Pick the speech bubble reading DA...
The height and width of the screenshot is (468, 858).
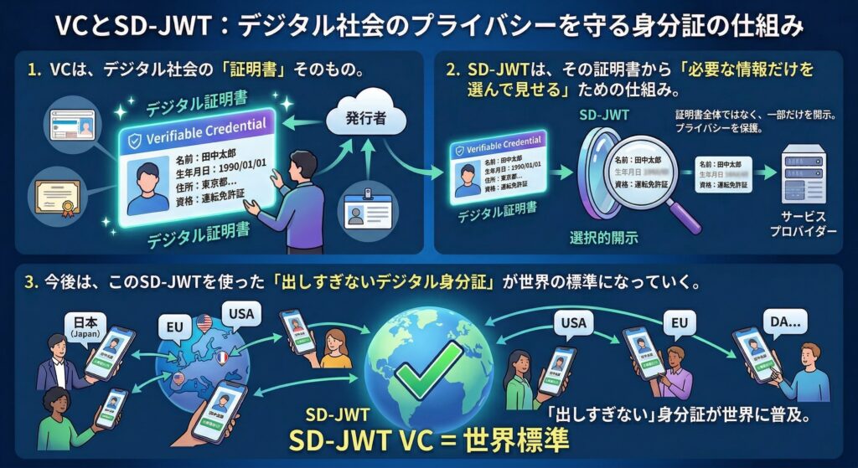(x=784, y=321)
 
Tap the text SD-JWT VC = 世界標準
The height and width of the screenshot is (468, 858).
(x=429, y=438)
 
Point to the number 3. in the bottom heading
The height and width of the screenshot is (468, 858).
(x=33, y=283)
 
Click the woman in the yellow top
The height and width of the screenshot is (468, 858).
(x=336, y=349)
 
